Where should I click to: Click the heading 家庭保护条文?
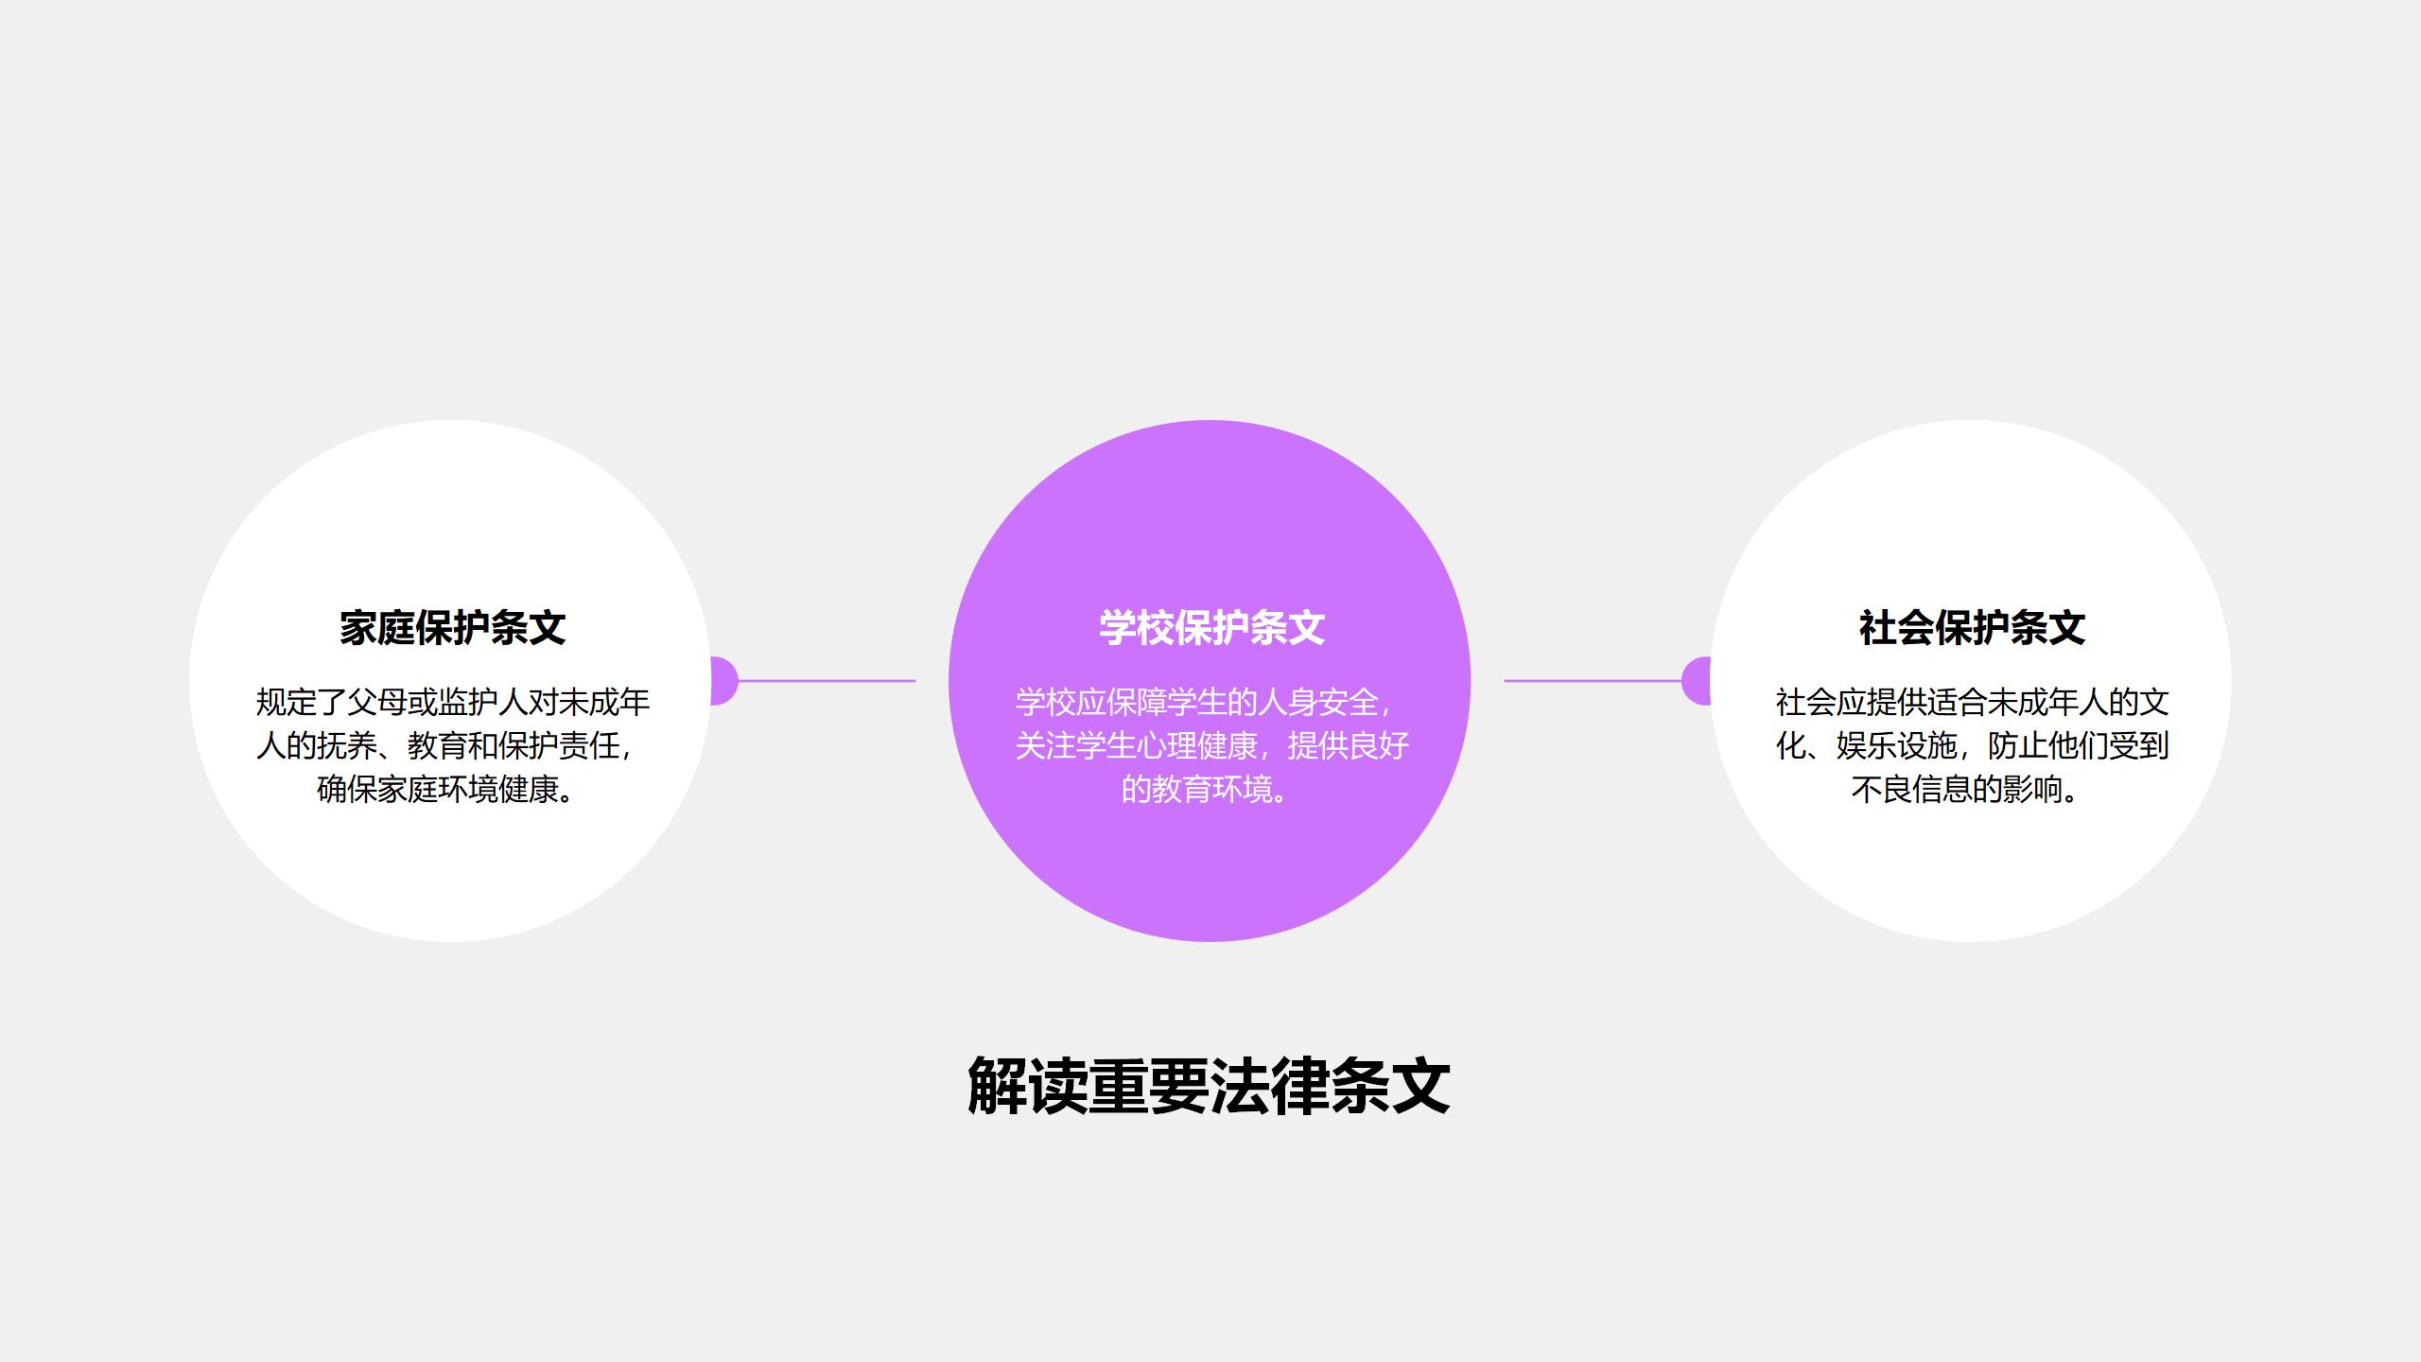pos(452,628)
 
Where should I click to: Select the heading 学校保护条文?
pos(1211,628)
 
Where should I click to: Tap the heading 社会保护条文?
pos(1972,628)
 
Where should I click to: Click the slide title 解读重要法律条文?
pos(1209,1086)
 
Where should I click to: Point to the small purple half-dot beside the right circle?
pos(1697,680)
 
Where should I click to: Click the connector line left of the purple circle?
pos(827,680)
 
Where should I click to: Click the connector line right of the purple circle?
pos(1594,680)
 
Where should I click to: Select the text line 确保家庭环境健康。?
pos(446,789)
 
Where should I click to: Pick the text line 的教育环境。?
pos(1206,789)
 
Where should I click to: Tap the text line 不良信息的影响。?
pos(1965,789)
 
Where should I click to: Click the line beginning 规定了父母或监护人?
pos(453,702)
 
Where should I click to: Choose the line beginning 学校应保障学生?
pos(1205,702)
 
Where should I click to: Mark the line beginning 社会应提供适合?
pos(1972,702)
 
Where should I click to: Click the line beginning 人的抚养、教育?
pos(444,745)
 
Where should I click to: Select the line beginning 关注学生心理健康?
pos(1212,745)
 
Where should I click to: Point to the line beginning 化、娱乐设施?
pos(1972,745)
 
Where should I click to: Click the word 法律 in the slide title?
pos(1269,1086)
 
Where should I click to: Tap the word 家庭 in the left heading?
pos(376,628)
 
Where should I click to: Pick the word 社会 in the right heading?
pos(1896,628)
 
